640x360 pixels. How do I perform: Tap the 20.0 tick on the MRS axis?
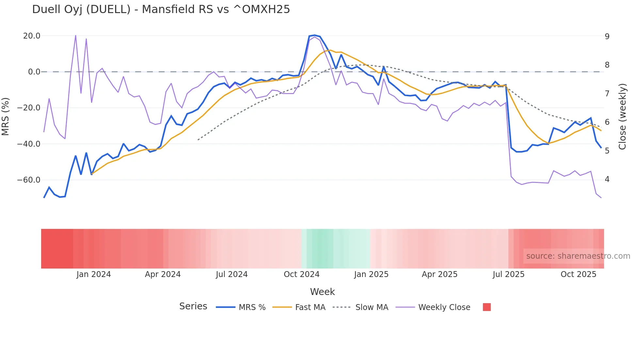tap(32, 36)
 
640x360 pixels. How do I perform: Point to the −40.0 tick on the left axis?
tap(29, 144)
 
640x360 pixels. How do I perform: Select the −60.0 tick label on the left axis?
tap(29, 180)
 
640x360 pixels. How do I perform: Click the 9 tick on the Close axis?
tap(607, 36)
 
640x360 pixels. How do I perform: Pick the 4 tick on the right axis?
tap(607, 179)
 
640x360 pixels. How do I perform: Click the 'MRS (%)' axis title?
tap(5, 116)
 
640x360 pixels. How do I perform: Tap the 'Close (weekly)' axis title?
tap(622, 116)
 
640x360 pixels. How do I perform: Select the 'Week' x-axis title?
tap(322, 292)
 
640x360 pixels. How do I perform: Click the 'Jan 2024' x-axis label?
tap(94, 274)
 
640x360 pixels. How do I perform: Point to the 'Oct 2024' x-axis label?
tap(301, 274)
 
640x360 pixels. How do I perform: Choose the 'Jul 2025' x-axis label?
tap(508, 274)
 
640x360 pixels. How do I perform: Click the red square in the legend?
tap(487, 307)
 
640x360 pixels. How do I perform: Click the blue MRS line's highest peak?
tap(314, 35)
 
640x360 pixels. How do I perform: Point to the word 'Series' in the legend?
tap(193, 306)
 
